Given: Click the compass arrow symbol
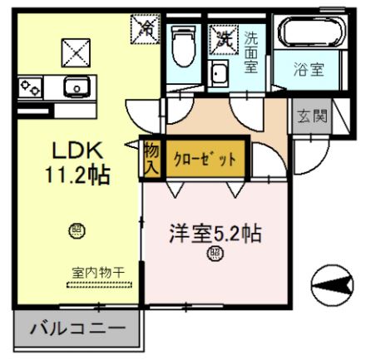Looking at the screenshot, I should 333,286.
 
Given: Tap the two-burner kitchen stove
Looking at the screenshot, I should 33,85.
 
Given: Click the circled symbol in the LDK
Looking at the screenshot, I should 76,229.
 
